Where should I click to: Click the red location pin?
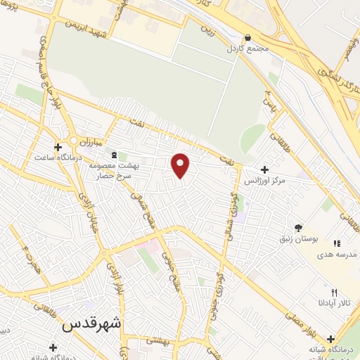pyautogui.click(x=181, y=165)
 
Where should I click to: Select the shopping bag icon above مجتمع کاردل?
pyautogui.click(x=247, y=38)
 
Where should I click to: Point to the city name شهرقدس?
pyautogui.click(x=91, y=325)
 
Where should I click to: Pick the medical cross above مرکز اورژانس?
pyautogui.click(x=264, y=169)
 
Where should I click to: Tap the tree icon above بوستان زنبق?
pyautogui.click(x=298, y=227)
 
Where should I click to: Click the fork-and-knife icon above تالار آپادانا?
pyautogui.click(x=334, y=292)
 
